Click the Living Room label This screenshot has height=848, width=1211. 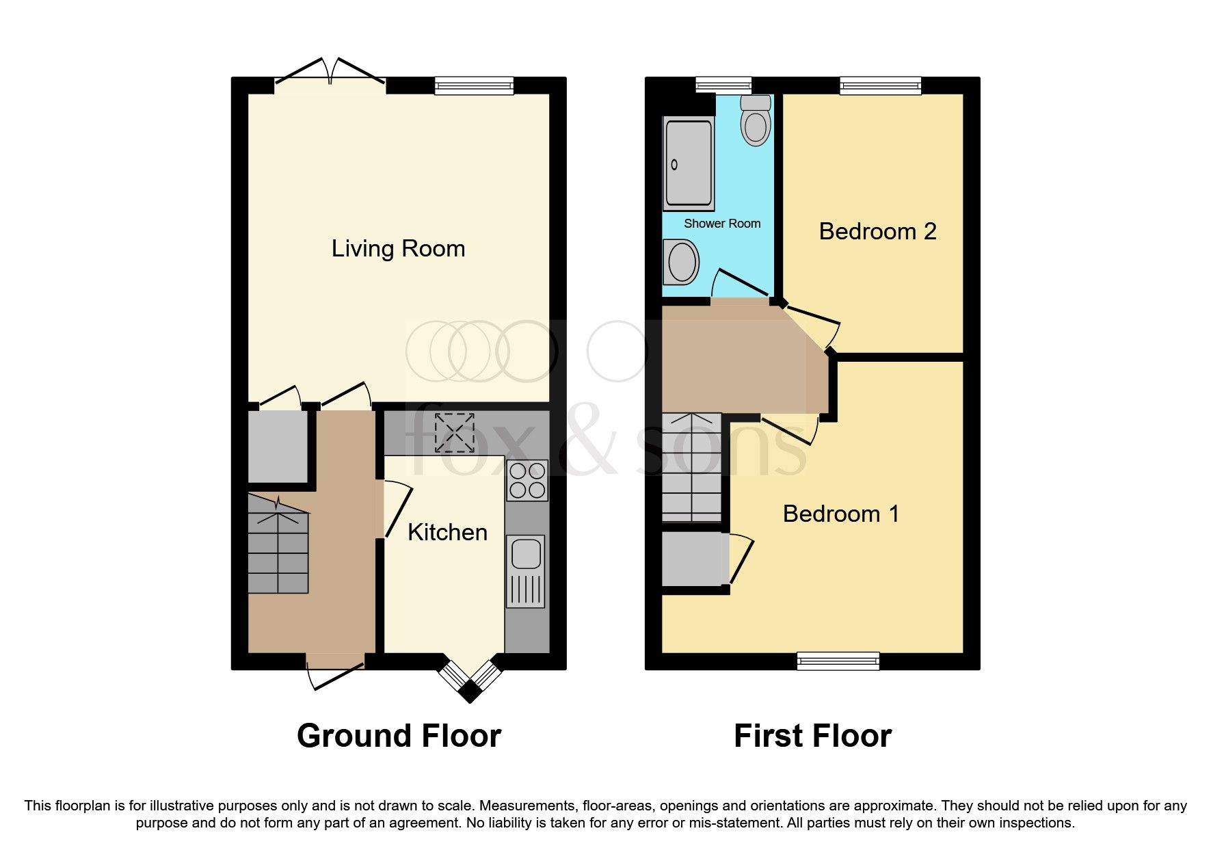[x=398, y=249]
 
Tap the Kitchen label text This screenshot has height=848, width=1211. [x=447, y=533]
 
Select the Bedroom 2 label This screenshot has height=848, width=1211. [x=877, y=232]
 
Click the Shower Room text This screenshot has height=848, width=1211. [x=722, y=224]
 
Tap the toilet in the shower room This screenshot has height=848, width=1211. [x=756, y=122]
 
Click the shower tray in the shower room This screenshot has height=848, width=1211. [x=689, y=163]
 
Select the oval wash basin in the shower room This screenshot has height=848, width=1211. [x=681, y=262]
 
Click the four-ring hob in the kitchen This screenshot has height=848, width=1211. [x=527, y=481]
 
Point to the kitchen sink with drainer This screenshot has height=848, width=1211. [x=526, y=571]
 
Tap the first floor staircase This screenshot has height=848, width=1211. [x=691, y=468]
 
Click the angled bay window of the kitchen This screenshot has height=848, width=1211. [x=470, y=679]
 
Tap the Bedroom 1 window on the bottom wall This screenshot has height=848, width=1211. [x=838, y=660]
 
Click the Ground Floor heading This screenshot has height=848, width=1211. [x=399, y=737]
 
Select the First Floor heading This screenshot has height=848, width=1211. [x=812, y=737]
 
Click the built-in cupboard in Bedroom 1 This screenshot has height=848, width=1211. [x=692, y=559]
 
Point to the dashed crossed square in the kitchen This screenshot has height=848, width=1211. [x=455, y=432]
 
